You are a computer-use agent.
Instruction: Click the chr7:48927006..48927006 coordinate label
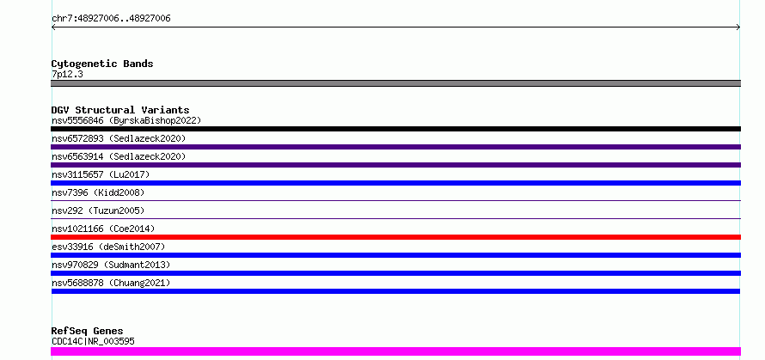click(111, 19)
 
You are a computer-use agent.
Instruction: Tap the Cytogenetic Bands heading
click(102, 64)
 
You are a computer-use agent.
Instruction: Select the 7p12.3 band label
click(67, 74)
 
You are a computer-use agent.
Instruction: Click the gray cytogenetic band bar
click(395, 83)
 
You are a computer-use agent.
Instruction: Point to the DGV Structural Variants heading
click(120, 110)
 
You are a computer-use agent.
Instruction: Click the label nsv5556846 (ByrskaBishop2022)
click(126, 120)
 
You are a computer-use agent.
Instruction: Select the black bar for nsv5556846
click(395, 129)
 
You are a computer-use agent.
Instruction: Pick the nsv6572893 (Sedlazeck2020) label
click(119, 138)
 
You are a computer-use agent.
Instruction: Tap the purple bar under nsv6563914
click(395, 165)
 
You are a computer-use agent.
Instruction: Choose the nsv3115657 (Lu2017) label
click(101, 174)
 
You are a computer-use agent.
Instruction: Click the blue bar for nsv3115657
click(395, 183)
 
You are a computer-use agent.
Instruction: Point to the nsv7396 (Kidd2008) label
click(98, 192)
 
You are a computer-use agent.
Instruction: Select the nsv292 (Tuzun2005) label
click(98, 211)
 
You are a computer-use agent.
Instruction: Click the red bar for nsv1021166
click(395, 237)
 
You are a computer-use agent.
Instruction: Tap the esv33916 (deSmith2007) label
click(108, 247)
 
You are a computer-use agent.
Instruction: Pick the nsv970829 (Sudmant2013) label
click(111, 265)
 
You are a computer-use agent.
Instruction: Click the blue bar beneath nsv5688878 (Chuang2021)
click(395, 291)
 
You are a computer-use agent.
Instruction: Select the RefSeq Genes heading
click(87, 331)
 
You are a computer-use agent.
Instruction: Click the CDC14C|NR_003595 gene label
click(93, 341)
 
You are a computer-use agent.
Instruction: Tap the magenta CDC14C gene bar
click(395, 351)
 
